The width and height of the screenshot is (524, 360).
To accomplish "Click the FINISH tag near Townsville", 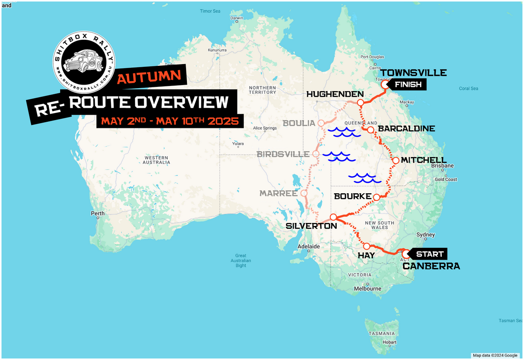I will point(408,85).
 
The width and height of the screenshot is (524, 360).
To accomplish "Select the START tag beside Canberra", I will point(429,254).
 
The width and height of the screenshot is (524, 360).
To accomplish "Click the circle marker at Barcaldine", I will point(370,130).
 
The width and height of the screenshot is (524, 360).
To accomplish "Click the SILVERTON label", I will point(311,226).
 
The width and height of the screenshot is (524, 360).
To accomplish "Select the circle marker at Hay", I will point(366,246).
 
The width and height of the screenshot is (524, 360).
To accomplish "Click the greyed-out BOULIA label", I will point(299,123).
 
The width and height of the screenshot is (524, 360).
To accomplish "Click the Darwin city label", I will point(237,18).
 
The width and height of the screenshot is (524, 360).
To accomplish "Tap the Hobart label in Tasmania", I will point(390,343).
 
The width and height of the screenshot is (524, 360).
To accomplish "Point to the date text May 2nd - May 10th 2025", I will point(170,121).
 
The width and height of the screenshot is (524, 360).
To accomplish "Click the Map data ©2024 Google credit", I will point(495,355).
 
